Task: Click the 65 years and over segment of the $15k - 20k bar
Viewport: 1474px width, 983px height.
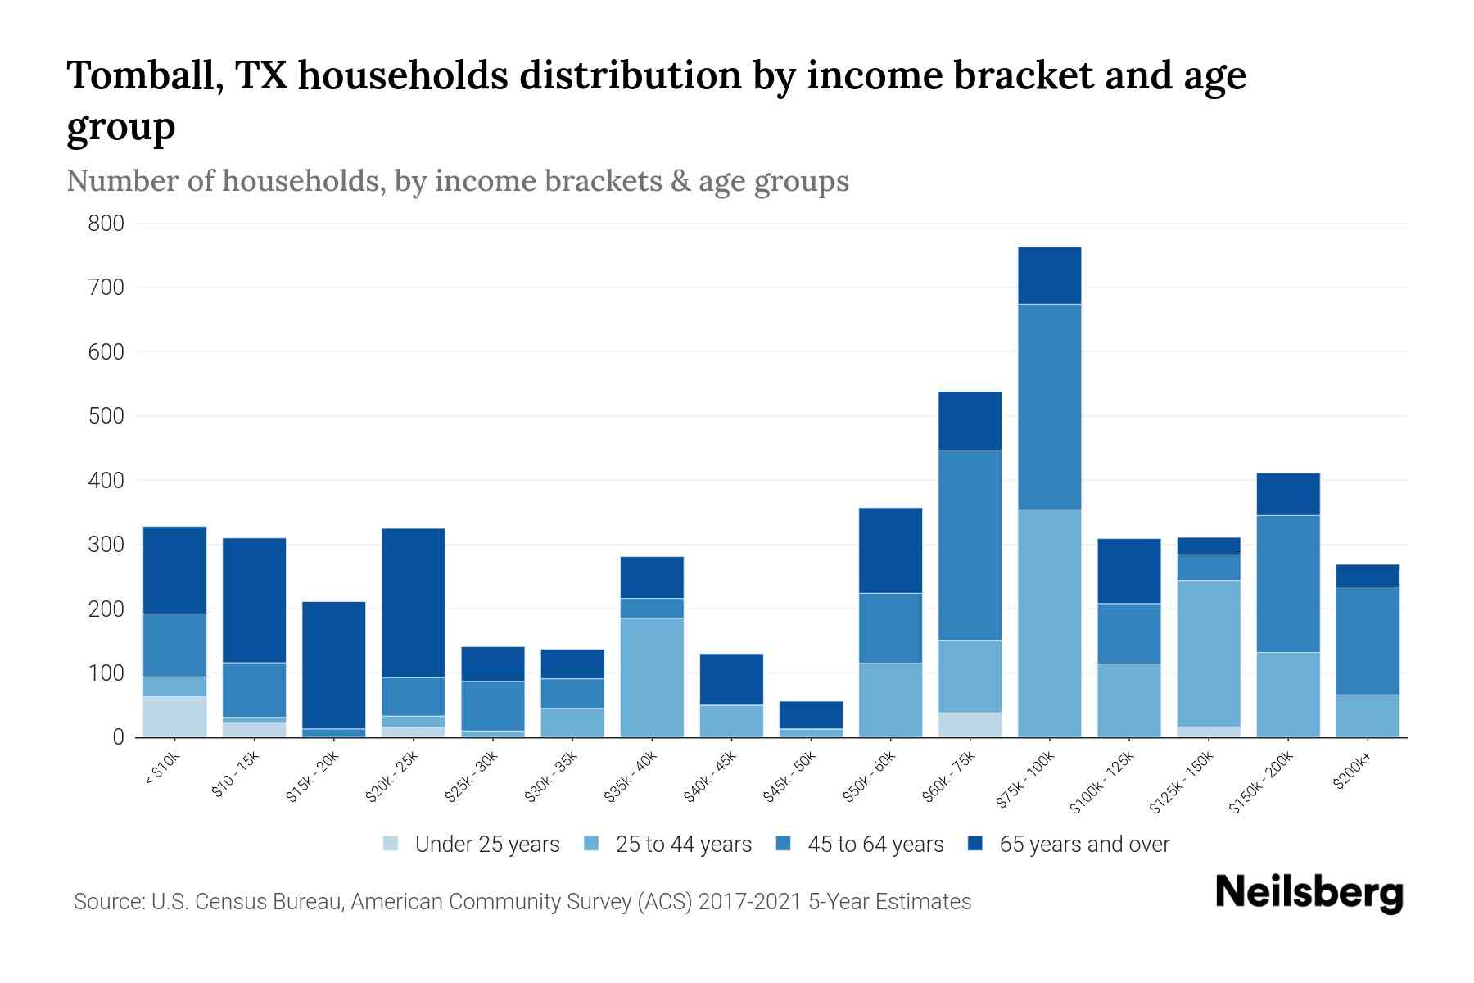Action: coord(333,665)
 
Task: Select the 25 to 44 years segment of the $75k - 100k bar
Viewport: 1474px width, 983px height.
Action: coord(1049,623)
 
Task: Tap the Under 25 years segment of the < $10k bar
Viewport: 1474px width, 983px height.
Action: coord(174,717)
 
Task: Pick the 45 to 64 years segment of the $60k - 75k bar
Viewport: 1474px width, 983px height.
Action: coord(970,546)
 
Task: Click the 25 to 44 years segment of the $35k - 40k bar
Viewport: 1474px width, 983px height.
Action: coord(652,677)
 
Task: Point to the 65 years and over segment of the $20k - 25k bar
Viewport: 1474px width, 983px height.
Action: coord(414,603)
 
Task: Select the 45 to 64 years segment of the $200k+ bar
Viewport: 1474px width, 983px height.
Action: coord(1367,641)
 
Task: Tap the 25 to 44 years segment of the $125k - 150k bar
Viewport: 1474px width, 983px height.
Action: coord(1208,654)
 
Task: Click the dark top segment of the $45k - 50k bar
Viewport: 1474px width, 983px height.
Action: coord(811,715)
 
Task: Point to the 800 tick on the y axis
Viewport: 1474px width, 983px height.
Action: coord(106,224)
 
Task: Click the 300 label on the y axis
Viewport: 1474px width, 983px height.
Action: coord(106,545)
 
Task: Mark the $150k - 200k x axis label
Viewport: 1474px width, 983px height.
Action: coord(1262,782)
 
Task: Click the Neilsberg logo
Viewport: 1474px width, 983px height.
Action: coord(1309,893)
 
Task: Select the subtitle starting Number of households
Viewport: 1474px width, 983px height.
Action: coord(457,181)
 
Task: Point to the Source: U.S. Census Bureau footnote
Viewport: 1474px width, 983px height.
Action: coord(522,902)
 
